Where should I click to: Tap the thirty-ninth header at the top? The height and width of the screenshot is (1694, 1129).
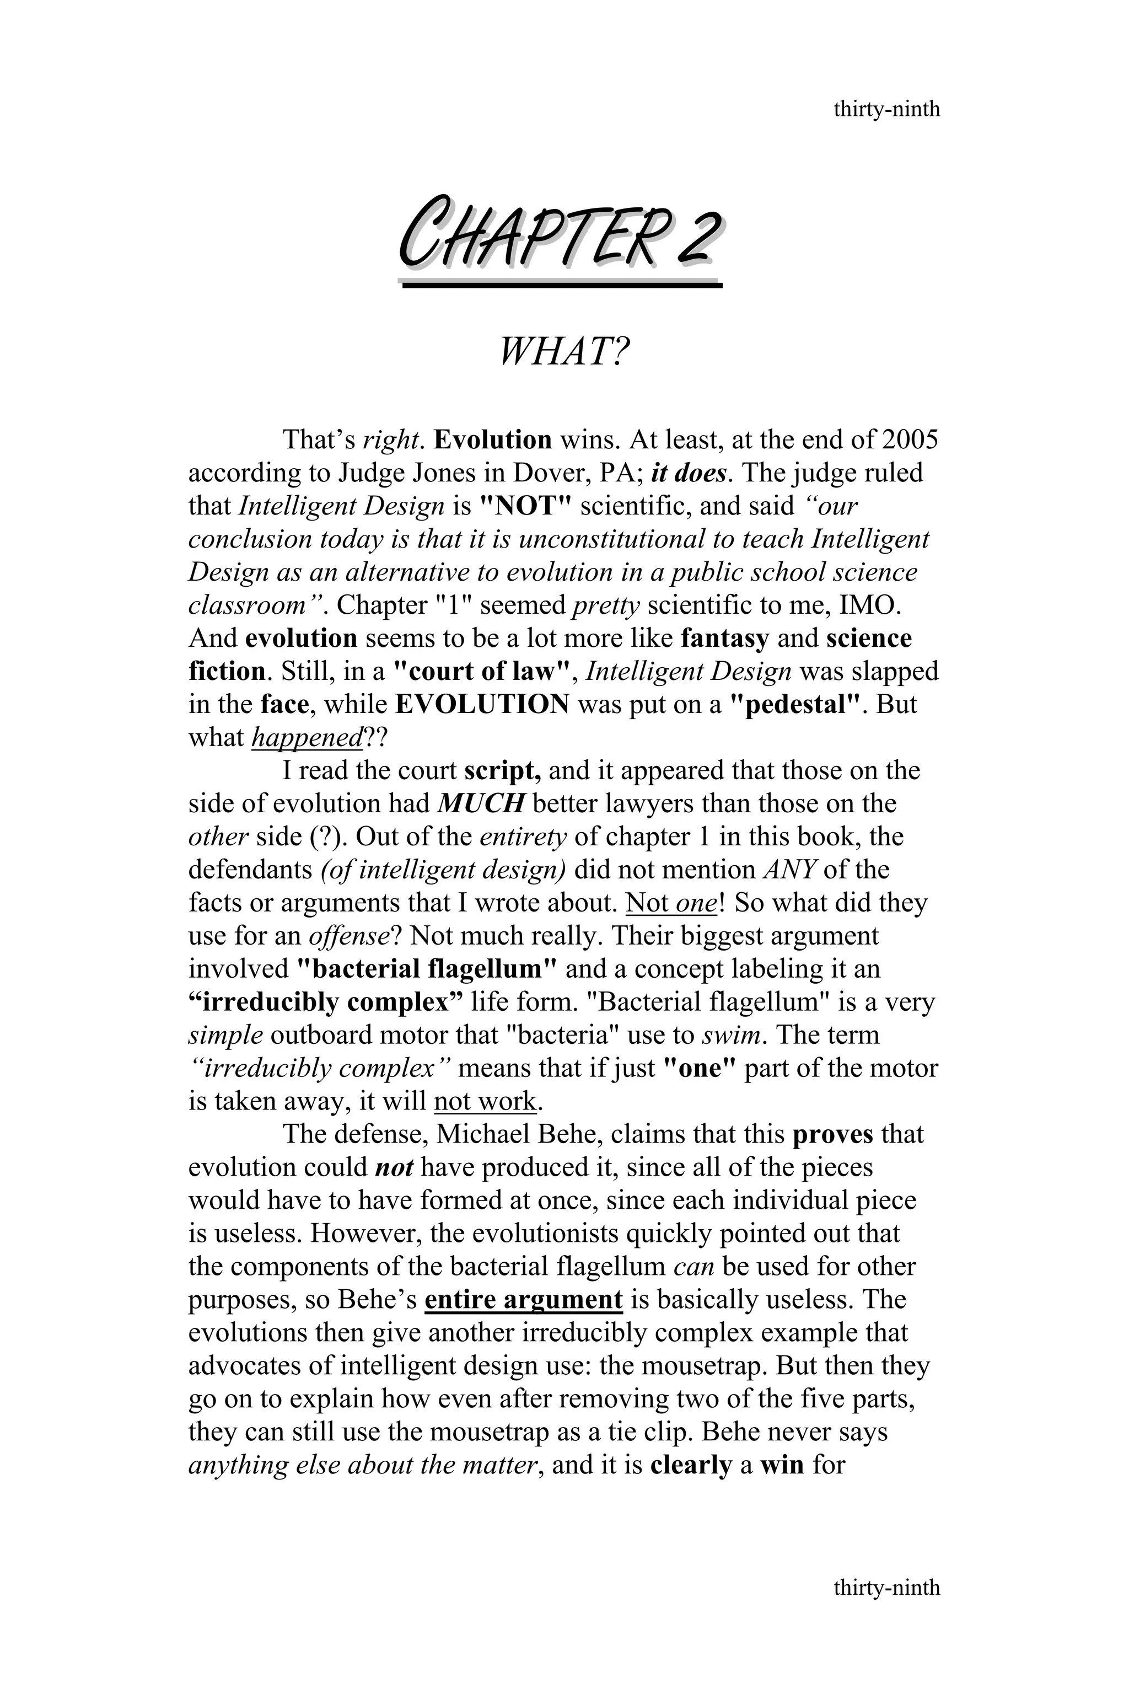pyautogui.click(x=886, y=110)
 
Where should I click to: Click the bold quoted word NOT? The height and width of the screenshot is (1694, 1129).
pyautogui.click(x=524, y=506)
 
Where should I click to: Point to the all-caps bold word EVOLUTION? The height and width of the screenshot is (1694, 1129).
pyautogui.click(x=482, y=704)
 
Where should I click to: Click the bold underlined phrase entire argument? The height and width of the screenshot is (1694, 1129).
pyautogui.click(x=524, y=1299)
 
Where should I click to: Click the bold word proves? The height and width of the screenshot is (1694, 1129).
pyautogui.click(x=832, y=1134)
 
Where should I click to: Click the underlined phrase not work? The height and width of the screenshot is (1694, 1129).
pyautogui.click(x=485, y=1101)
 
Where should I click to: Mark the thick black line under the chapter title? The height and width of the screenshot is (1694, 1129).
pyautogui.click(x=562, y=285)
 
